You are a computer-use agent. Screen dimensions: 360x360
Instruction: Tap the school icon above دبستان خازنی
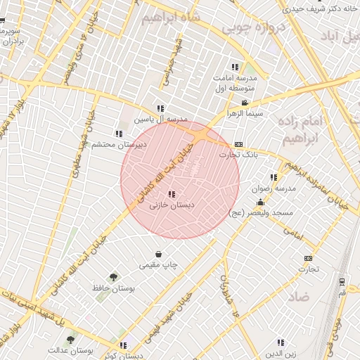click(172, 194)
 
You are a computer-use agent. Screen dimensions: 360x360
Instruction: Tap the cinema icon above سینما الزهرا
click(244, 103)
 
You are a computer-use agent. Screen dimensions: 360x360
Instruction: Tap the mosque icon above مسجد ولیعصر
click(261, 202)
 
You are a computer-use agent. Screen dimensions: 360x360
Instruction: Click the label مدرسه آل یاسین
click(161, 120)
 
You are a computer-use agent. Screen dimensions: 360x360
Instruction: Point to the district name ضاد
click(298, 297)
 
